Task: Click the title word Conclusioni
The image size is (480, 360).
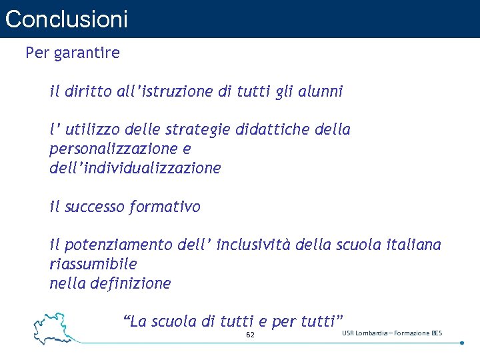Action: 66,19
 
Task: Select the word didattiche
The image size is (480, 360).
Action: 275,129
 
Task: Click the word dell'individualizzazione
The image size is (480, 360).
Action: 135,168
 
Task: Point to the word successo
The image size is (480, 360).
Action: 95,207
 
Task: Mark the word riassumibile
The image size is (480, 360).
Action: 93,264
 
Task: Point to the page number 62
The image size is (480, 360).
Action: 250,335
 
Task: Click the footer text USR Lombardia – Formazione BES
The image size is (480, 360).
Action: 392,333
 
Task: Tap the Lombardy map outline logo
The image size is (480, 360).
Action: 55,327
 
